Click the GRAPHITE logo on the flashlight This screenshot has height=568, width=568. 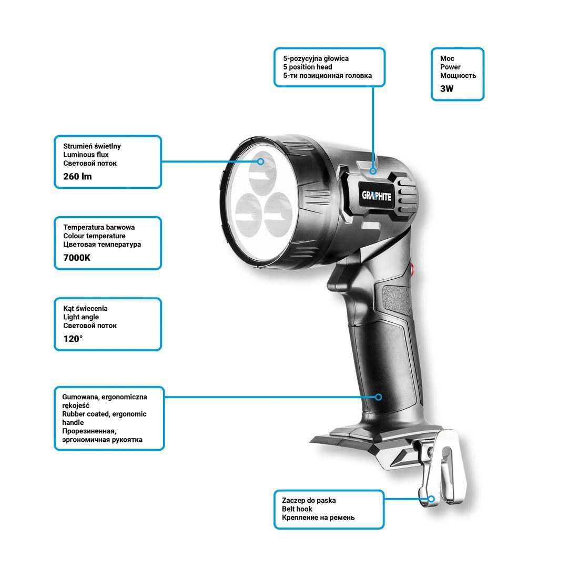377,196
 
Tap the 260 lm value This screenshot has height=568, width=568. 77,176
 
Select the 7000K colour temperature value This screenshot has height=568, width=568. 77,258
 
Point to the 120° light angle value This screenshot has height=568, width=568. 73,339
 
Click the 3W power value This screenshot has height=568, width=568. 447,89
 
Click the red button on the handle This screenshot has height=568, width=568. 413,268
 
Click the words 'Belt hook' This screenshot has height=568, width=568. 297,509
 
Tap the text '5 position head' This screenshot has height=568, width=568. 308,67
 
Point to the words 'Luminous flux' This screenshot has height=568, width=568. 86,155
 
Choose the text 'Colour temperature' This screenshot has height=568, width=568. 94,236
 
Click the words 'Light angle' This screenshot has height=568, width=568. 81,317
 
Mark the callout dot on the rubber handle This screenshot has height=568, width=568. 379,397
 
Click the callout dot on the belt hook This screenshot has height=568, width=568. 431,499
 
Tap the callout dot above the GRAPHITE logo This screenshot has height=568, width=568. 373,171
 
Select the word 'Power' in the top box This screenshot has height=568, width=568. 450,67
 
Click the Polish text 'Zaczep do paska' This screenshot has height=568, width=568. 309,500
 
